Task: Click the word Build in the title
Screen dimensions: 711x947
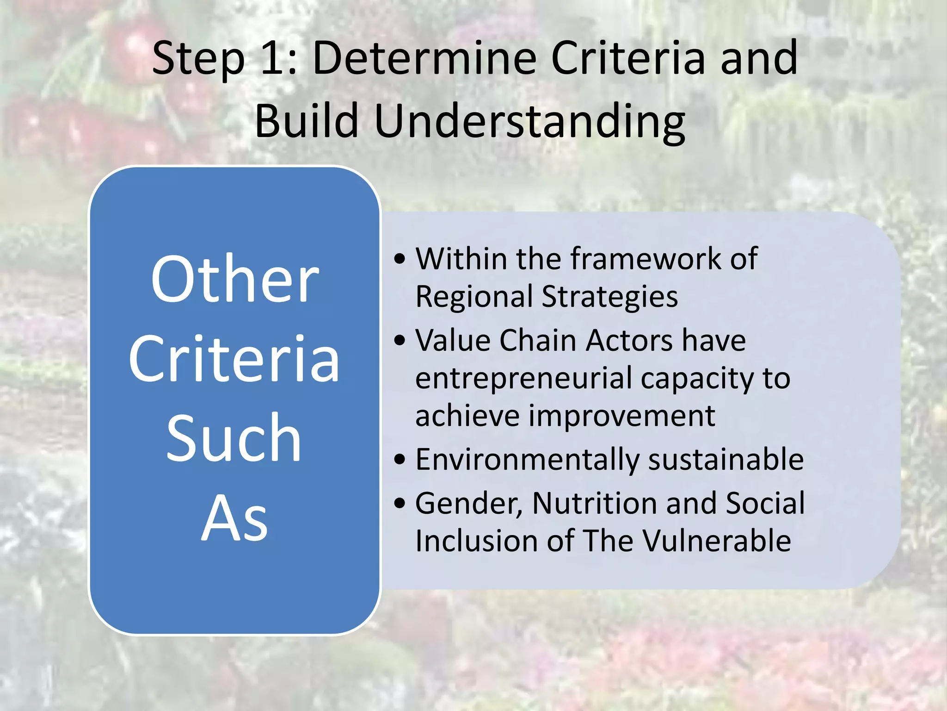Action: pyautogui.click(x=307, y=120)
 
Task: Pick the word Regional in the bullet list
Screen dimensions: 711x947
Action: pyautogui.click(x=474, y=297)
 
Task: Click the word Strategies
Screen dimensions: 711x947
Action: pyautogui.click(x=609, y=297)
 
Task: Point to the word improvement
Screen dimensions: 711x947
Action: pyautogui.click(x=622, y=416)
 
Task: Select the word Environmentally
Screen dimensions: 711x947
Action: pyautogui.click(x=528, y=460)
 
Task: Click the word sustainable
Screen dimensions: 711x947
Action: pyautogui.click(x=726, y=460)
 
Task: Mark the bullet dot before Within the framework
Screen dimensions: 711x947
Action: pyautogui.click(x=400, y=259)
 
